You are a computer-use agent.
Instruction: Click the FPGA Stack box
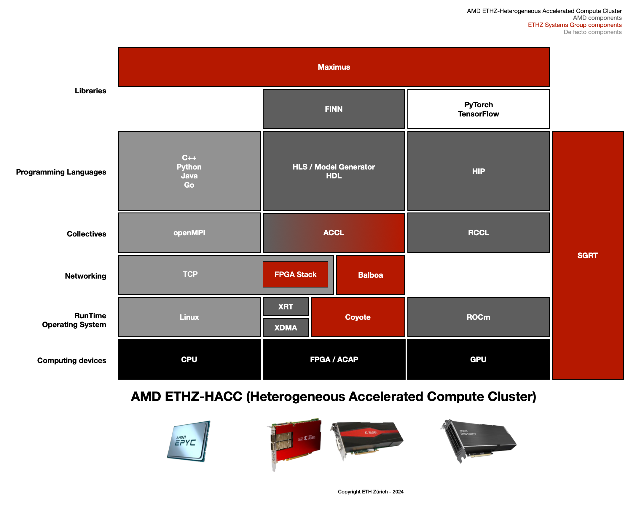click(x=295, y=274)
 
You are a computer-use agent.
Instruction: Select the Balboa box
click(x=370, y=275)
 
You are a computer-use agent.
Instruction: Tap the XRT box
click(x=286, y=307)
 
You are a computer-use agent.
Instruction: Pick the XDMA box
click(x=286, y=328)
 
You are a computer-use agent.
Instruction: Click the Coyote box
click(x=358, y=317)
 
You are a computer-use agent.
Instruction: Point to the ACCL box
click(x=334, y=233)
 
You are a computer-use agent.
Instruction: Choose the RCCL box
click(x=478, y=233)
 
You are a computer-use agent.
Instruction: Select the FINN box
click(x=334, y=109)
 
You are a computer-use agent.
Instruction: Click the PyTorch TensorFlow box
click(x=478, y=109)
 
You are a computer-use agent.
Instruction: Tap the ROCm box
click(x=478, y=317)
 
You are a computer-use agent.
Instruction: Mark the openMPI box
click(x=189, y=233)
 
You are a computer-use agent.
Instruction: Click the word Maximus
click(x=334, y=67)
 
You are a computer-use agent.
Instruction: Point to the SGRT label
click(x=587, y=255)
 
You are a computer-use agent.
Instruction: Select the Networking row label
click(x=85, y=276)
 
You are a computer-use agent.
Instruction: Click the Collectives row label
click(x=86, y=234)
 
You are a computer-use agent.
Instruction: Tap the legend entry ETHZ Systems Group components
click(x=575, y=25)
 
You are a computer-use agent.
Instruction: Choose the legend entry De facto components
click(x=592, y=32)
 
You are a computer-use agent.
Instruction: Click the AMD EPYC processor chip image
click(x=189, y=441)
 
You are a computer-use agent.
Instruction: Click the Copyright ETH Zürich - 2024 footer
click(x=370, y=492)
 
